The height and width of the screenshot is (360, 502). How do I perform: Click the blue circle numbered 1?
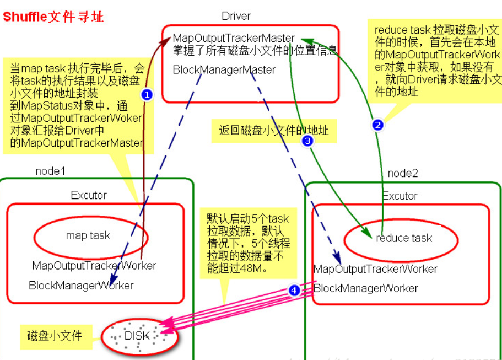pyautogui.click(x=146, y=94)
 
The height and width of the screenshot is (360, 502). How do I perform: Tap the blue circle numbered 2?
pyautogui.click(x=377, y=125)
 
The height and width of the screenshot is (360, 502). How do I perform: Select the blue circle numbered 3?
pyautogui.click(x=307, y=141)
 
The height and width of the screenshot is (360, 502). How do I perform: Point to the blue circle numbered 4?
pyautogui.click(x=294, y=291)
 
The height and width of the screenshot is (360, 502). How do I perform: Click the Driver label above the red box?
pyautogui.click(x=236, y=16)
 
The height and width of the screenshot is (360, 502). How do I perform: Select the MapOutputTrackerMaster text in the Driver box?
pyautogui.click(x=234, y=38)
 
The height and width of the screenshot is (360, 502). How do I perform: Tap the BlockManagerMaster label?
pyautogui.click(x=224, y=70)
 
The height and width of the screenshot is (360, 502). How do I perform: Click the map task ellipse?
pyautogui.click(x=88, y=235)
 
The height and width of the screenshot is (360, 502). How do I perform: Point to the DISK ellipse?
pyautogui.click(x=141, y=335)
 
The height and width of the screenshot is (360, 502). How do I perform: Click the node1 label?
pyautogui.click(x=50, y=171)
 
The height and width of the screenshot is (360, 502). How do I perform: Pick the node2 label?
pyautogui.click(x=403, y=173)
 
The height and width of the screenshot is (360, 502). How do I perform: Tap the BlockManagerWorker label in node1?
pyautogui.click(x=81, y=286)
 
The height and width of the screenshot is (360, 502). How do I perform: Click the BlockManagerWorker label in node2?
pyautogui.click(x=366, y=288)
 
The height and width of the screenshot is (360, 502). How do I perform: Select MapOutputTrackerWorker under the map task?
pyautogui.click(x=94, y=265)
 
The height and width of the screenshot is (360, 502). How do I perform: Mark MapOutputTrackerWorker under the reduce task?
pyautogui.click(x=375, y=269)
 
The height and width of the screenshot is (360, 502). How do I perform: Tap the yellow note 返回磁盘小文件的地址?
pyautogui.click(x=273, y=130)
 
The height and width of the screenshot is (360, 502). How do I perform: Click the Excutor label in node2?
pyautogui.click(x=400, y=196)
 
